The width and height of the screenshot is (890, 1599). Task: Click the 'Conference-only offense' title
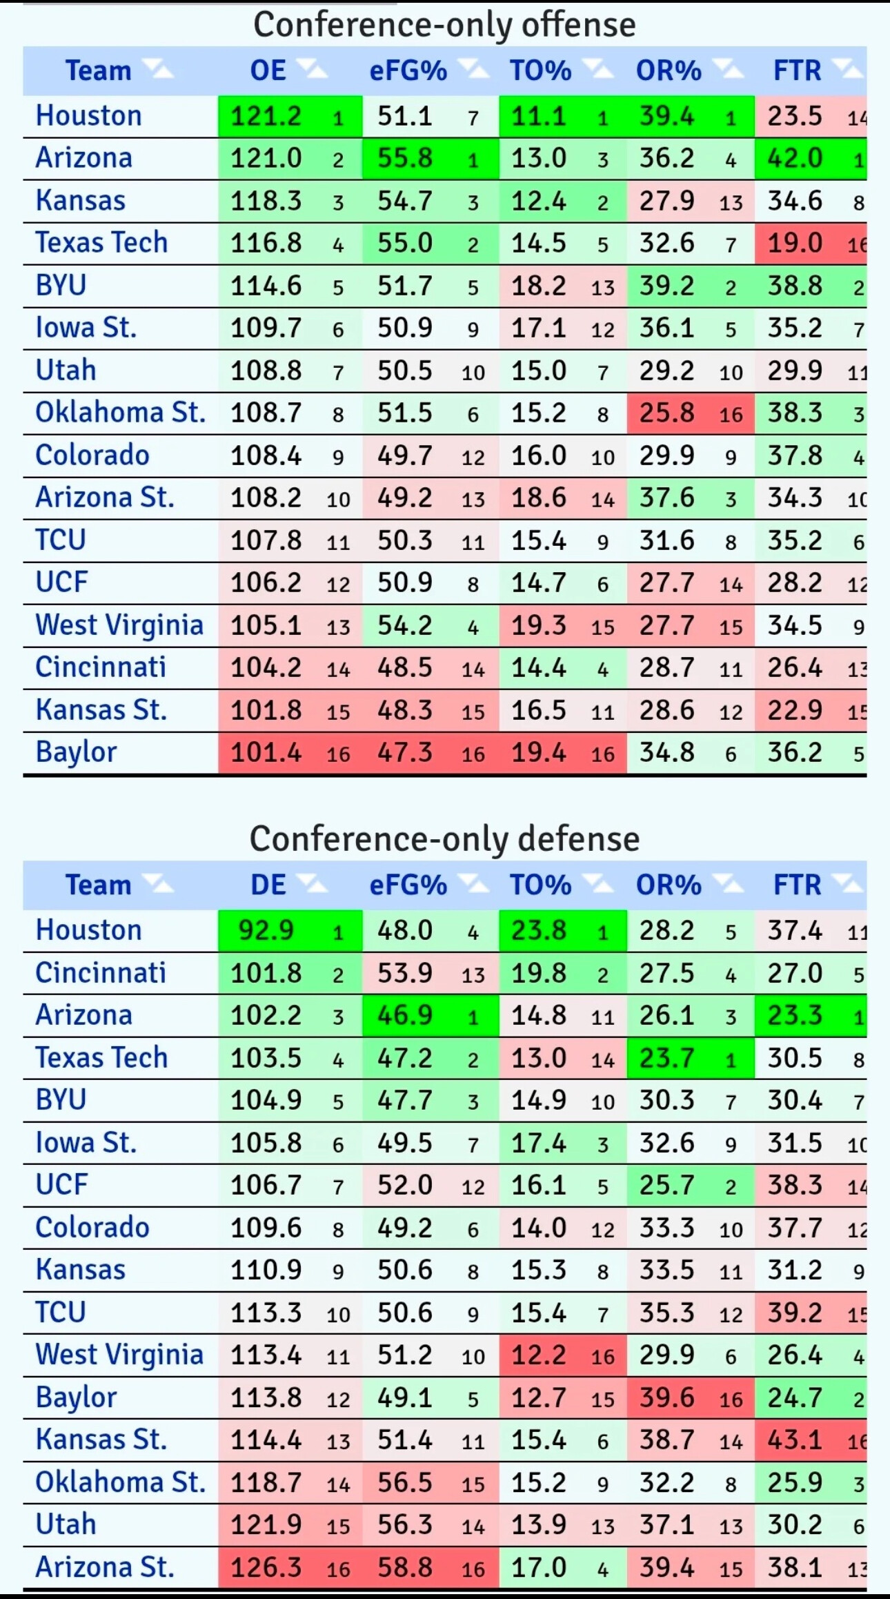pyautogui.click(x=444, y=26)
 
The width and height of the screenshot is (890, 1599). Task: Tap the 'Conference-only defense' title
pyautogui.click(x=444, y=839)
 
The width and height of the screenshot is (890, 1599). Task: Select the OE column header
pyautogui.click(x=268, y=71)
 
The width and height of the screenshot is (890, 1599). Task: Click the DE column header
pyautogui.click(x=268, y=885)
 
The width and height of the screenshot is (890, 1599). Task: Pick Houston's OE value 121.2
pyautogui.click(x=266, y=117)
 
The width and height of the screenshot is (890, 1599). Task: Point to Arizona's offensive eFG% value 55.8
pyautogui.click(x=405, y=159)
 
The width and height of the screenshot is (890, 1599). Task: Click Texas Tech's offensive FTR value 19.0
pyautogui.click(x=795, y=244)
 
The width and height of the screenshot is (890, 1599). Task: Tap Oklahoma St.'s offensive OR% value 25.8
pyautogui.click(x=666, y=413)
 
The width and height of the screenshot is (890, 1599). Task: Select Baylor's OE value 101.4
pyautogui.click(x=266, y=753)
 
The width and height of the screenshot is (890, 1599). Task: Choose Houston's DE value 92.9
pyautogui.click(x=266, y=931)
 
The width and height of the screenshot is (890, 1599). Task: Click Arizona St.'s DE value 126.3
pyautogui.click(x=266, y=1568)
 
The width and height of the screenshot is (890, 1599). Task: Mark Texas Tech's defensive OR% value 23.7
pyautogui.click(x=666, y=1058)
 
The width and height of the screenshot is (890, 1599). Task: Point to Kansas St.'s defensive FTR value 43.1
pyautogui.click(x=795, y=1440)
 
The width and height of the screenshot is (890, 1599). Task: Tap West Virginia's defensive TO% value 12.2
pyautogui.click(x=538, y=1355)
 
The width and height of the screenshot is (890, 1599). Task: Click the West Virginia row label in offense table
pyautogui.click(x=119, y=625)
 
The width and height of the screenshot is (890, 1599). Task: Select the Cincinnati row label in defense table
pyautogui.click(x=101, y=973)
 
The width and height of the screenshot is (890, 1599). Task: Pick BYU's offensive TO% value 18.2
pyautogui.click(x=538, y=286)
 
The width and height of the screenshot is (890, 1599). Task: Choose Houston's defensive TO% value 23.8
pyautogui.click(x=538, y=931)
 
